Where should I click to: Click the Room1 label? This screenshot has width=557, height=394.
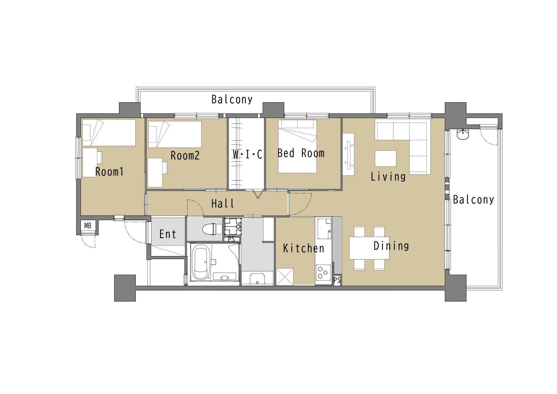click(x=109, y=172)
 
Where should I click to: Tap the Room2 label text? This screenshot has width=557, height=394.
click(x=185, y=156)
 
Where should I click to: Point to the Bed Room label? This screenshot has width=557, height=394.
click(x=301, y=153)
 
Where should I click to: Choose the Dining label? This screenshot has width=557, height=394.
click(x=391, y=246)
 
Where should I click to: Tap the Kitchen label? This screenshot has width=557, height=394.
click(x=303, y=248)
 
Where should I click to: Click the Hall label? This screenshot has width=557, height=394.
click(x=223, y=204)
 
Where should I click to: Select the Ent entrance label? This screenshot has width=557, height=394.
click(x=168, y=234)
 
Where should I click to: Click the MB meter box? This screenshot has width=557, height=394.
click(x=88, y=226)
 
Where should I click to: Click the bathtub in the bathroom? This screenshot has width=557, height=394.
click(x=200, y=262)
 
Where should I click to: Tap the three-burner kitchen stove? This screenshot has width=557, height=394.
click(x=323, y=272)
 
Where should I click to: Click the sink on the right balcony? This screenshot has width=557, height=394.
click(x=463, y=134)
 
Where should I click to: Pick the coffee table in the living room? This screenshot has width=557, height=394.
click(x=386, y=158)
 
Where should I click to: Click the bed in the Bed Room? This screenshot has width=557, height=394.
click(x=297, y=146)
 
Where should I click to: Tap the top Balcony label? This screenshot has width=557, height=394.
click(x=232, y=100)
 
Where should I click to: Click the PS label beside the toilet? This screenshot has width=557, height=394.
click(x=231, y=239)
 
